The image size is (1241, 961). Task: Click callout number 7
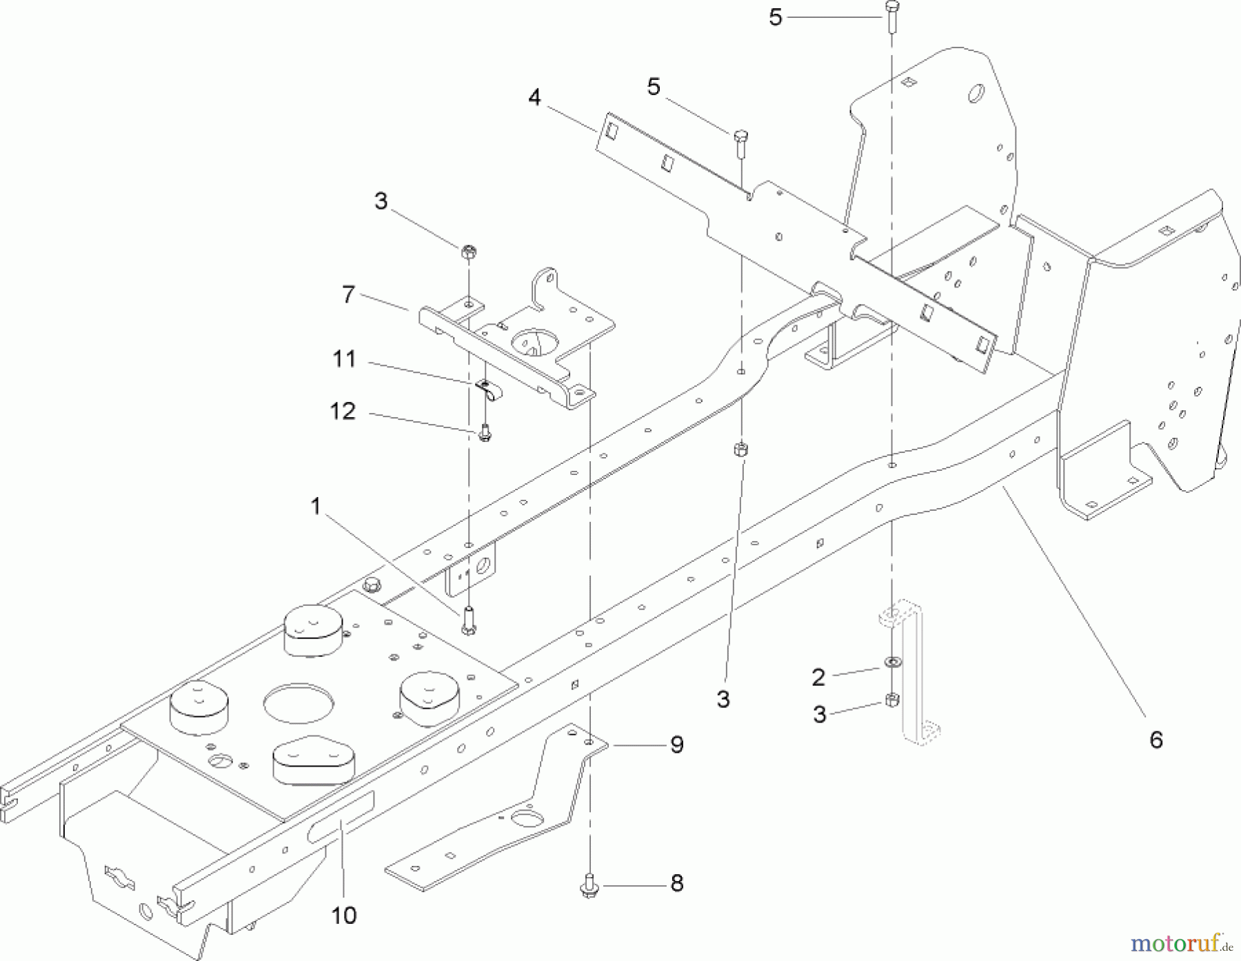(x=349, y=295)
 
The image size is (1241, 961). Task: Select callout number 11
(x=344, y=359)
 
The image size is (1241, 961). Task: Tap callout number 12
(x=343, y=412)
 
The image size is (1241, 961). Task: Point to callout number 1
(x=316, y=507)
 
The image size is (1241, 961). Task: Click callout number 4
(x=535, y=98)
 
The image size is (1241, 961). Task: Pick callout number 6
(x=1156, y=740)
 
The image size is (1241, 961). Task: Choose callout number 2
(x=818, y=678)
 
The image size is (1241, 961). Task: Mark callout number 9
(x=676, y=745)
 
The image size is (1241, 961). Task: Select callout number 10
(x=343, y=916)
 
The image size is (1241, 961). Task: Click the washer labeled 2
(x=891, y=663)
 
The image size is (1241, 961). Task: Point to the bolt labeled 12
(x=485, y=434)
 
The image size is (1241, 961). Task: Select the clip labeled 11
(x=489, y=390)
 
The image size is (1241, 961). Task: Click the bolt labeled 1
(x=469, y=620)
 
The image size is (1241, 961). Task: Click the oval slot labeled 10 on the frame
(x=341, y=816)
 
